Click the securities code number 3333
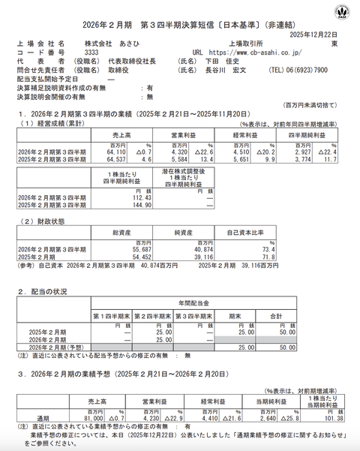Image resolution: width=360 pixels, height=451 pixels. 91,53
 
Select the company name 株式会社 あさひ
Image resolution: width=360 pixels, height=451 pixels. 103,44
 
